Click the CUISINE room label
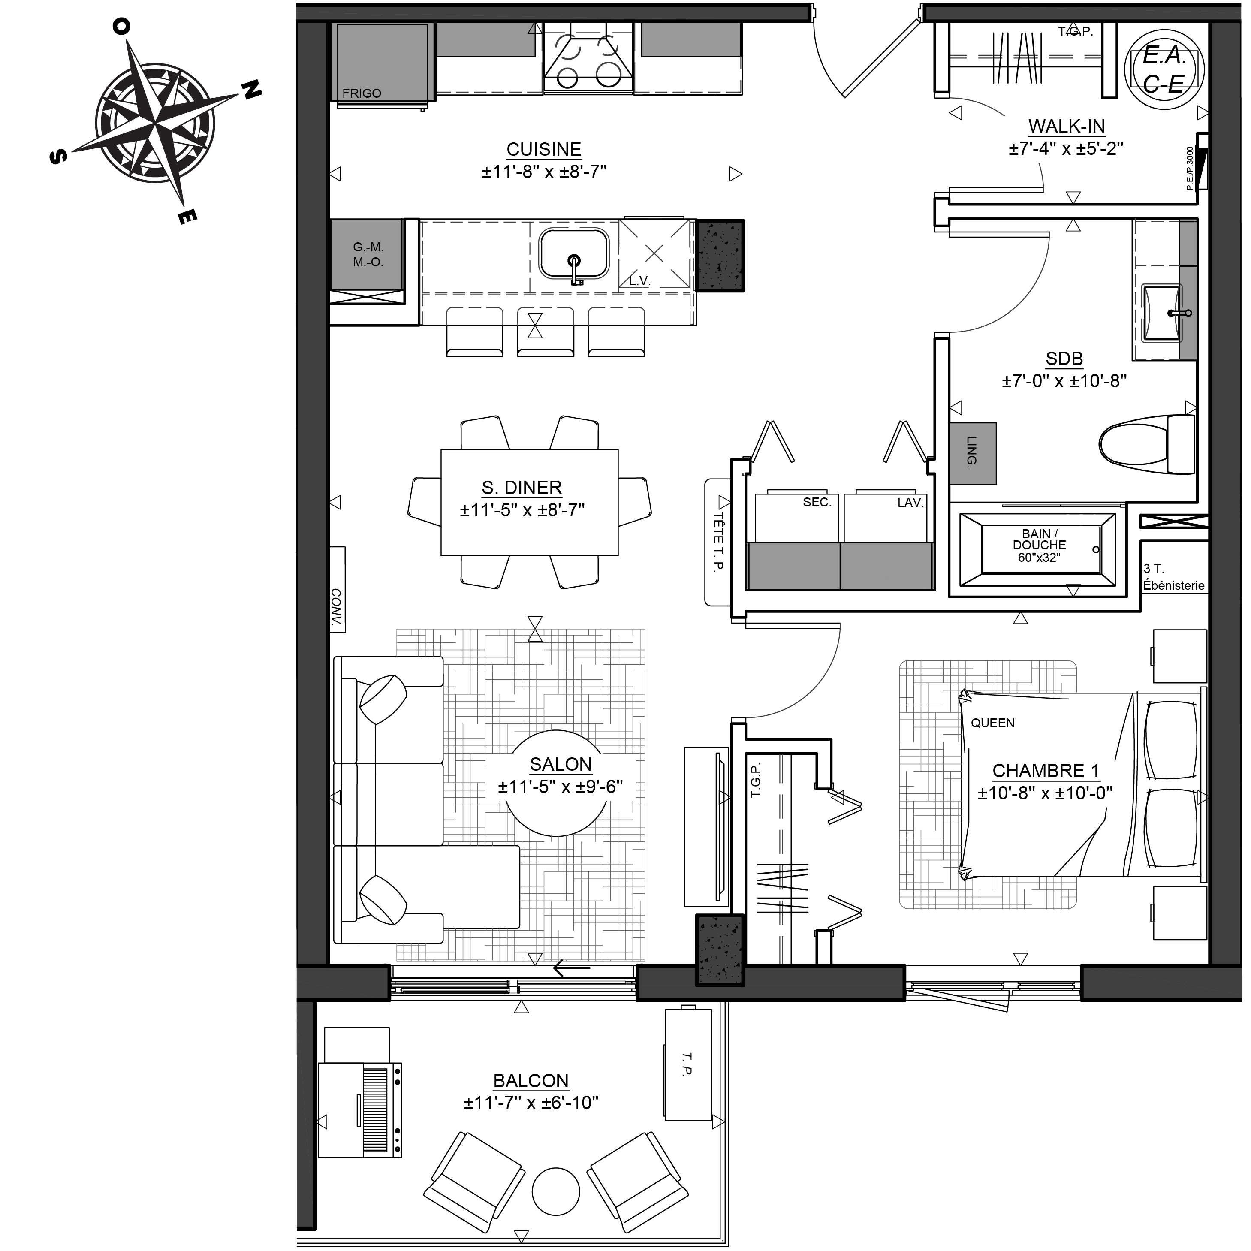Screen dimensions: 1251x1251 tap(543, 150)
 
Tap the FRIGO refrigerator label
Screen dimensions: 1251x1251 tap(361, 93)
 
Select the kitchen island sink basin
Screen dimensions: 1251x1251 tap(574, 253)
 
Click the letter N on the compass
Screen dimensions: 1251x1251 tap(253, 90)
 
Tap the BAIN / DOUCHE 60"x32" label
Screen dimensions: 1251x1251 tap(1039, 545)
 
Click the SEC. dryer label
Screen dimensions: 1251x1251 tap(817, 503)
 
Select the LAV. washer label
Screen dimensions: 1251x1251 tap(910, 503)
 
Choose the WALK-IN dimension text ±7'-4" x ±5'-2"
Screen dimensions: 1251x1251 tap(1065, 149)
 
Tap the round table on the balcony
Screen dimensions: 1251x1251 tap(555, 1191)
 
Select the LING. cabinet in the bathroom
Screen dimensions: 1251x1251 tap(973, 453)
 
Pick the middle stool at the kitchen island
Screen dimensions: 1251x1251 tap(545, 332)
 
